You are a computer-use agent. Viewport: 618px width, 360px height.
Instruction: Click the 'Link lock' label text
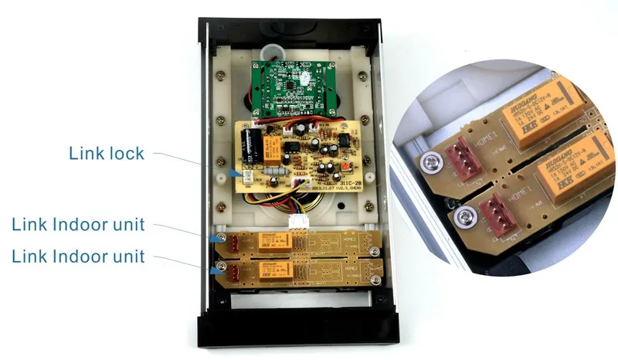107,153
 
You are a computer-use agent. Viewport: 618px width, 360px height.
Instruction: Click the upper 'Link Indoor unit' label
77,226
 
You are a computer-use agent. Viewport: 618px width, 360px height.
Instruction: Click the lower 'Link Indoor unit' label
77,256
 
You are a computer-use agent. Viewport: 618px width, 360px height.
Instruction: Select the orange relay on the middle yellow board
272,147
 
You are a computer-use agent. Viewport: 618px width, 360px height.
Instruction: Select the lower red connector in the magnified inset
494,209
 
